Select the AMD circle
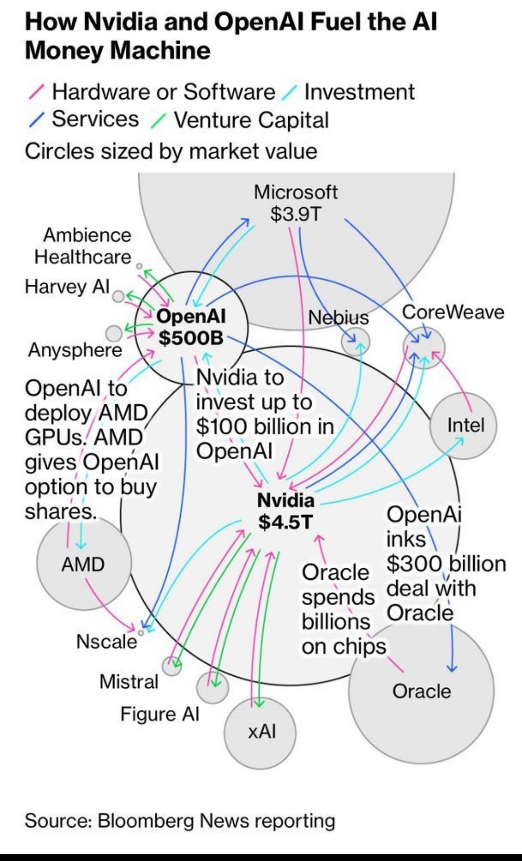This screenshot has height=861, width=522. [83, 564]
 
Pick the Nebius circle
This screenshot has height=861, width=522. [356, 341]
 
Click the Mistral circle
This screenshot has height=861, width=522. [171, 666]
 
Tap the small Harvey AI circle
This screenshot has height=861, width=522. [118, 296]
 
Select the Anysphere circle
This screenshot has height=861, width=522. [114, 333]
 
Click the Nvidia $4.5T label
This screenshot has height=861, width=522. [286, 511]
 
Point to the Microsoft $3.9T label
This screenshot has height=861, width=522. [295, 203]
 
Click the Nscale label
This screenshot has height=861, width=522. [106, 642]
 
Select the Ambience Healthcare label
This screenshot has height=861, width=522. [83, 246]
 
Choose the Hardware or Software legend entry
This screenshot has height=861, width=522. [163, 92]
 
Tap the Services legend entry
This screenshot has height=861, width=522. [95, 119]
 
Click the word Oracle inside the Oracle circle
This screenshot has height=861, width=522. [422, 691]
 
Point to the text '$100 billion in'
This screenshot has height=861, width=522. [265, 426]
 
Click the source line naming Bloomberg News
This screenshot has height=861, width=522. [180, 820]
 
